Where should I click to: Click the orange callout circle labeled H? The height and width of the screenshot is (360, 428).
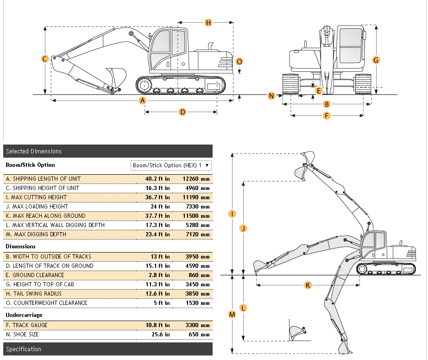point(208,22)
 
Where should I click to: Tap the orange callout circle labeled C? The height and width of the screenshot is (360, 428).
point(45,59)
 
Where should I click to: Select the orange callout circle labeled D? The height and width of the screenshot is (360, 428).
point(183,112)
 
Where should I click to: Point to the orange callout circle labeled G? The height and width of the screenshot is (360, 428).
point(376,60)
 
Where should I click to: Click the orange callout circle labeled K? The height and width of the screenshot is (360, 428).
point(308,285)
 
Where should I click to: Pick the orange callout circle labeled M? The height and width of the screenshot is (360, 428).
point(233,315)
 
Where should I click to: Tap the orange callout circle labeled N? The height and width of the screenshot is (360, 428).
point(271,96)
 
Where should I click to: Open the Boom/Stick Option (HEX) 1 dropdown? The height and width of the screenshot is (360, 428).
point(171,165)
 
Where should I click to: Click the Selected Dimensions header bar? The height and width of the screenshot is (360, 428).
point(107,151)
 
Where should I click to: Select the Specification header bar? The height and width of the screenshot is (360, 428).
point(107,349)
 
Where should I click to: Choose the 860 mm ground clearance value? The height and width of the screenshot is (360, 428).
point(200,275)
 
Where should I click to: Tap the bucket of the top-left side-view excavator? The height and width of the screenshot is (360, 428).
point(116,76)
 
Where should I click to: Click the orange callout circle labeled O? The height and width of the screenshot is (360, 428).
point(239,62)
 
